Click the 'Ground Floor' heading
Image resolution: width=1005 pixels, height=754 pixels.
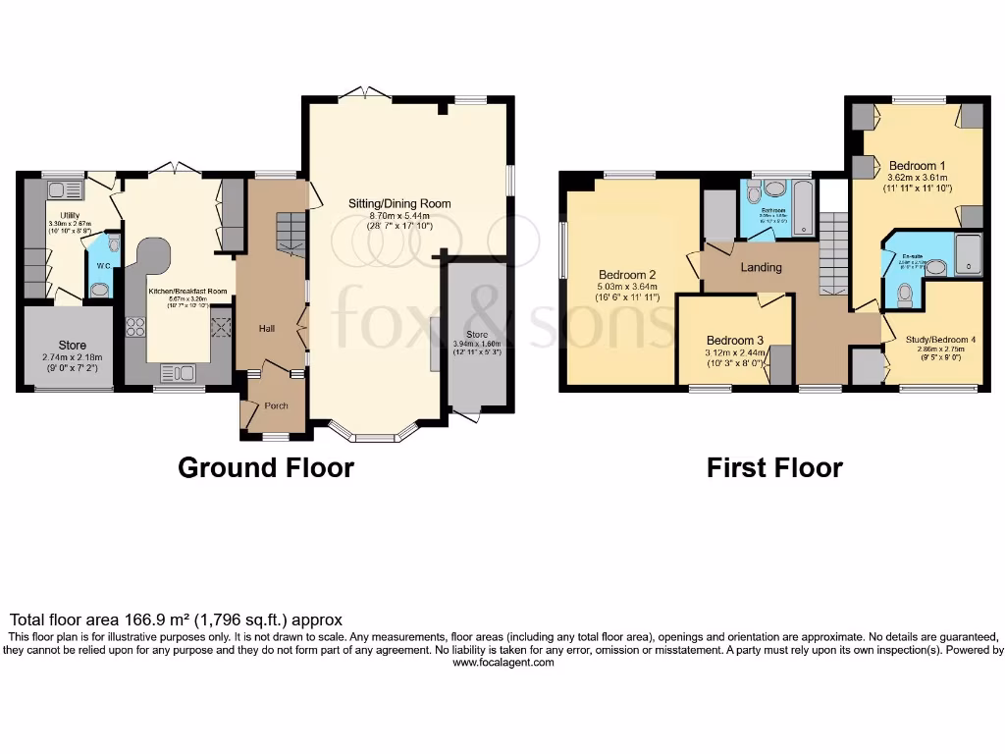[265, 467]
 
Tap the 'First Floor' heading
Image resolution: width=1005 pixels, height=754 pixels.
[774, 467]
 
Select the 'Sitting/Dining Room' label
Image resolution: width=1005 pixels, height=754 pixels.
[399, 204]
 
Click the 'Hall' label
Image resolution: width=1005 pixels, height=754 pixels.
[266, 328]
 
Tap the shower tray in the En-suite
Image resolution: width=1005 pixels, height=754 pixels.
[968, 252]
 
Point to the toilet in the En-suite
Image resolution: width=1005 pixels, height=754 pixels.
[905, 292]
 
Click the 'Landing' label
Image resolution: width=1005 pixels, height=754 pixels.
[761, 267]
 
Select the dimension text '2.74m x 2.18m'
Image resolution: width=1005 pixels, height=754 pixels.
[72, 358]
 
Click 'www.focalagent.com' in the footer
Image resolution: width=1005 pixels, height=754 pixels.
[502, 663]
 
